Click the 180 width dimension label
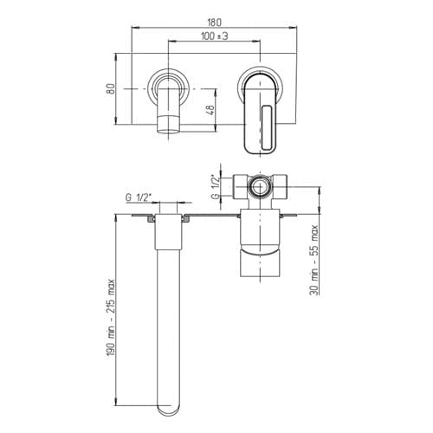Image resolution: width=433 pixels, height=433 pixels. [x=214, y=22]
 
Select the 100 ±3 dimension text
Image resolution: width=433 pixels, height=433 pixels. [x=215, y=36]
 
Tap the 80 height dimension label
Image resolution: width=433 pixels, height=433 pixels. [x=111, y=89]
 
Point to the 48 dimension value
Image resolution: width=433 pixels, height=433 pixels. [x=210, y=110]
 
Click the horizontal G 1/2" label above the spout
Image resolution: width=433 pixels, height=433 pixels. [x=139, y=197]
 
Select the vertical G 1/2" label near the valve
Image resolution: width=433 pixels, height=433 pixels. [x=215, y=187]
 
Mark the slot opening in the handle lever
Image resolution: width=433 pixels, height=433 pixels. [x=267, y=127]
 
